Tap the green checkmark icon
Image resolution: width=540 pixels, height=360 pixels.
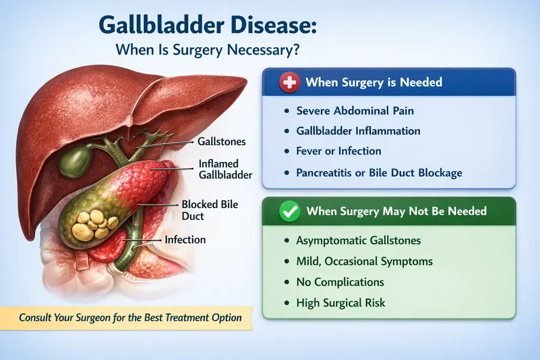pyautogui.click(x=290, y=211)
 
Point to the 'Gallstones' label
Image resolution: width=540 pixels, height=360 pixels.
pyautogui.click(x=221, y=142)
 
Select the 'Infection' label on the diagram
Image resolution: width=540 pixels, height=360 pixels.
pyautogui.click(x=185, y=239)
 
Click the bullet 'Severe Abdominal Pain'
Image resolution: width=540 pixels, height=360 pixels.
pyautogui.click(x=355, y=111)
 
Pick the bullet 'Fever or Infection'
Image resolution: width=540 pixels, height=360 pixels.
pyautogui.click(x=338, y=151)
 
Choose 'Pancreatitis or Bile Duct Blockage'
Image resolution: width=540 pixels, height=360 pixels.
pyautogui.click(x=379, y=173)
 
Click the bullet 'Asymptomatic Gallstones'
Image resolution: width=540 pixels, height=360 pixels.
pyautogui.click(x=358, y=241)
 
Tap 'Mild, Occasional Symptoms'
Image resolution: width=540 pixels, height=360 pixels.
pyautogui.click(x=364, y=262)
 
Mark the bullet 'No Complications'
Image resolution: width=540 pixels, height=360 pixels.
pyautogui.click(x=340, y=282)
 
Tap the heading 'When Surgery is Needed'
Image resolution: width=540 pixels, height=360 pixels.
pyautogui.click(x=374, y=82)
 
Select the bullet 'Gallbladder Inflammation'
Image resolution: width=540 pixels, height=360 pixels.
pyautogui.click(x=358, y=131)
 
